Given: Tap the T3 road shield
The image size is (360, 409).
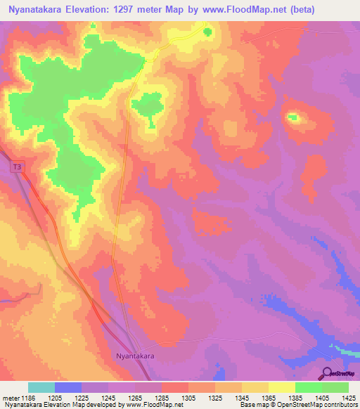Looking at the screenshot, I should point(16,167).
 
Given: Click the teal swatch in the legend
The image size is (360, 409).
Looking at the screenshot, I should point(41,387).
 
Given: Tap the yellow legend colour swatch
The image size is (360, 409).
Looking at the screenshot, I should point(281,387).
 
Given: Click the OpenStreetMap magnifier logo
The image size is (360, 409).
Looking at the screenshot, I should point(328,372).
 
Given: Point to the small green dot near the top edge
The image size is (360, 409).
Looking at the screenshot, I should point(207,31).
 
